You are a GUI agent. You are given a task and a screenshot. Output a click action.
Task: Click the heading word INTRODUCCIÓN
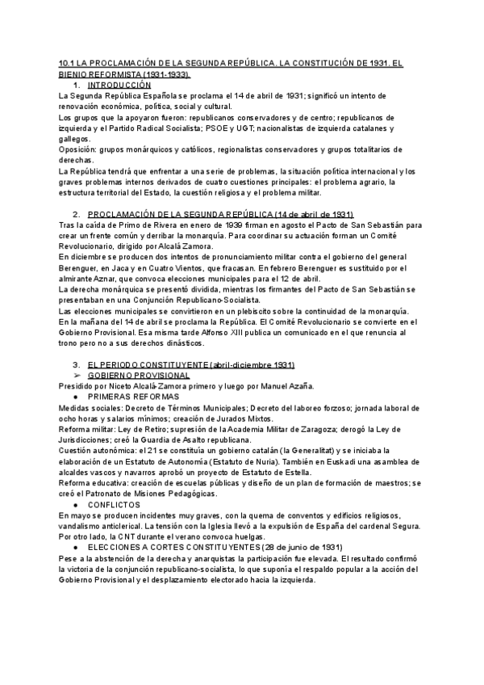pyautogui.click(x=119, y=85)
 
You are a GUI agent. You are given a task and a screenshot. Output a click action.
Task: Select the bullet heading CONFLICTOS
pyautogui.click(x=115, y=503)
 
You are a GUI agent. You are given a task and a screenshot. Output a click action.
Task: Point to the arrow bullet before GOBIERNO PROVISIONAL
pyautogui.click(x=77, y=375)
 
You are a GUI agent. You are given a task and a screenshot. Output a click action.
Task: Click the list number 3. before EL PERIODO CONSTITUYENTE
pyautogui.click(x=76, y=364)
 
